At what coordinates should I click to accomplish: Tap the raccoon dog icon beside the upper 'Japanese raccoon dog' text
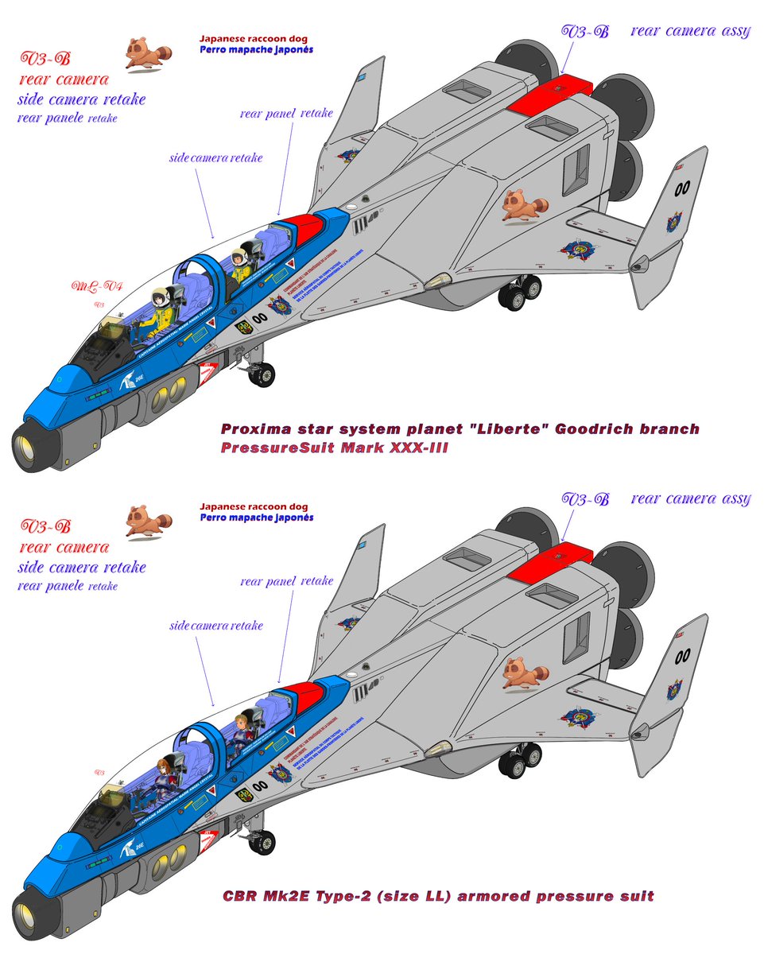click(146, 54)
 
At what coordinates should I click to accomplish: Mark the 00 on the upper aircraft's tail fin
click(681, 188)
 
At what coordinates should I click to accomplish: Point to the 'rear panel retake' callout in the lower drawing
click(286, 582)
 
